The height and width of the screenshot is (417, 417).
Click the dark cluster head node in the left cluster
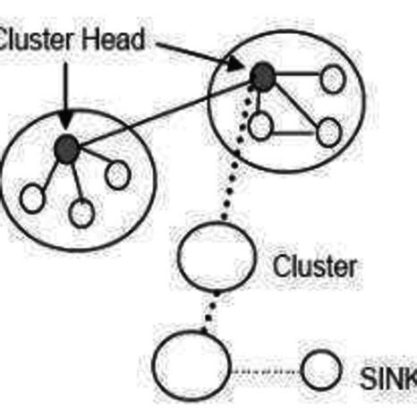coord(64,149)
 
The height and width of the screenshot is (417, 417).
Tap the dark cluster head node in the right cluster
coord(261,78)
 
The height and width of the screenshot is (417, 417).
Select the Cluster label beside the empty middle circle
coord(315,266)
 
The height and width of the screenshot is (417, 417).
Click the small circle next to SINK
coord(321,369)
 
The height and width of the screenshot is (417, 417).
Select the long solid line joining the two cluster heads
coord(161,114)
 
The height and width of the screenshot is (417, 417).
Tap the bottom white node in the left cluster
coord(81,213)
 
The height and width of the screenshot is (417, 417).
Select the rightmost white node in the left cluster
coord(117,174)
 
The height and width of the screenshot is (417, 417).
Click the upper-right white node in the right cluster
coord(332,80)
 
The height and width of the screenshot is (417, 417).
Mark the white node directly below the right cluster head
coord(260,125)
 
